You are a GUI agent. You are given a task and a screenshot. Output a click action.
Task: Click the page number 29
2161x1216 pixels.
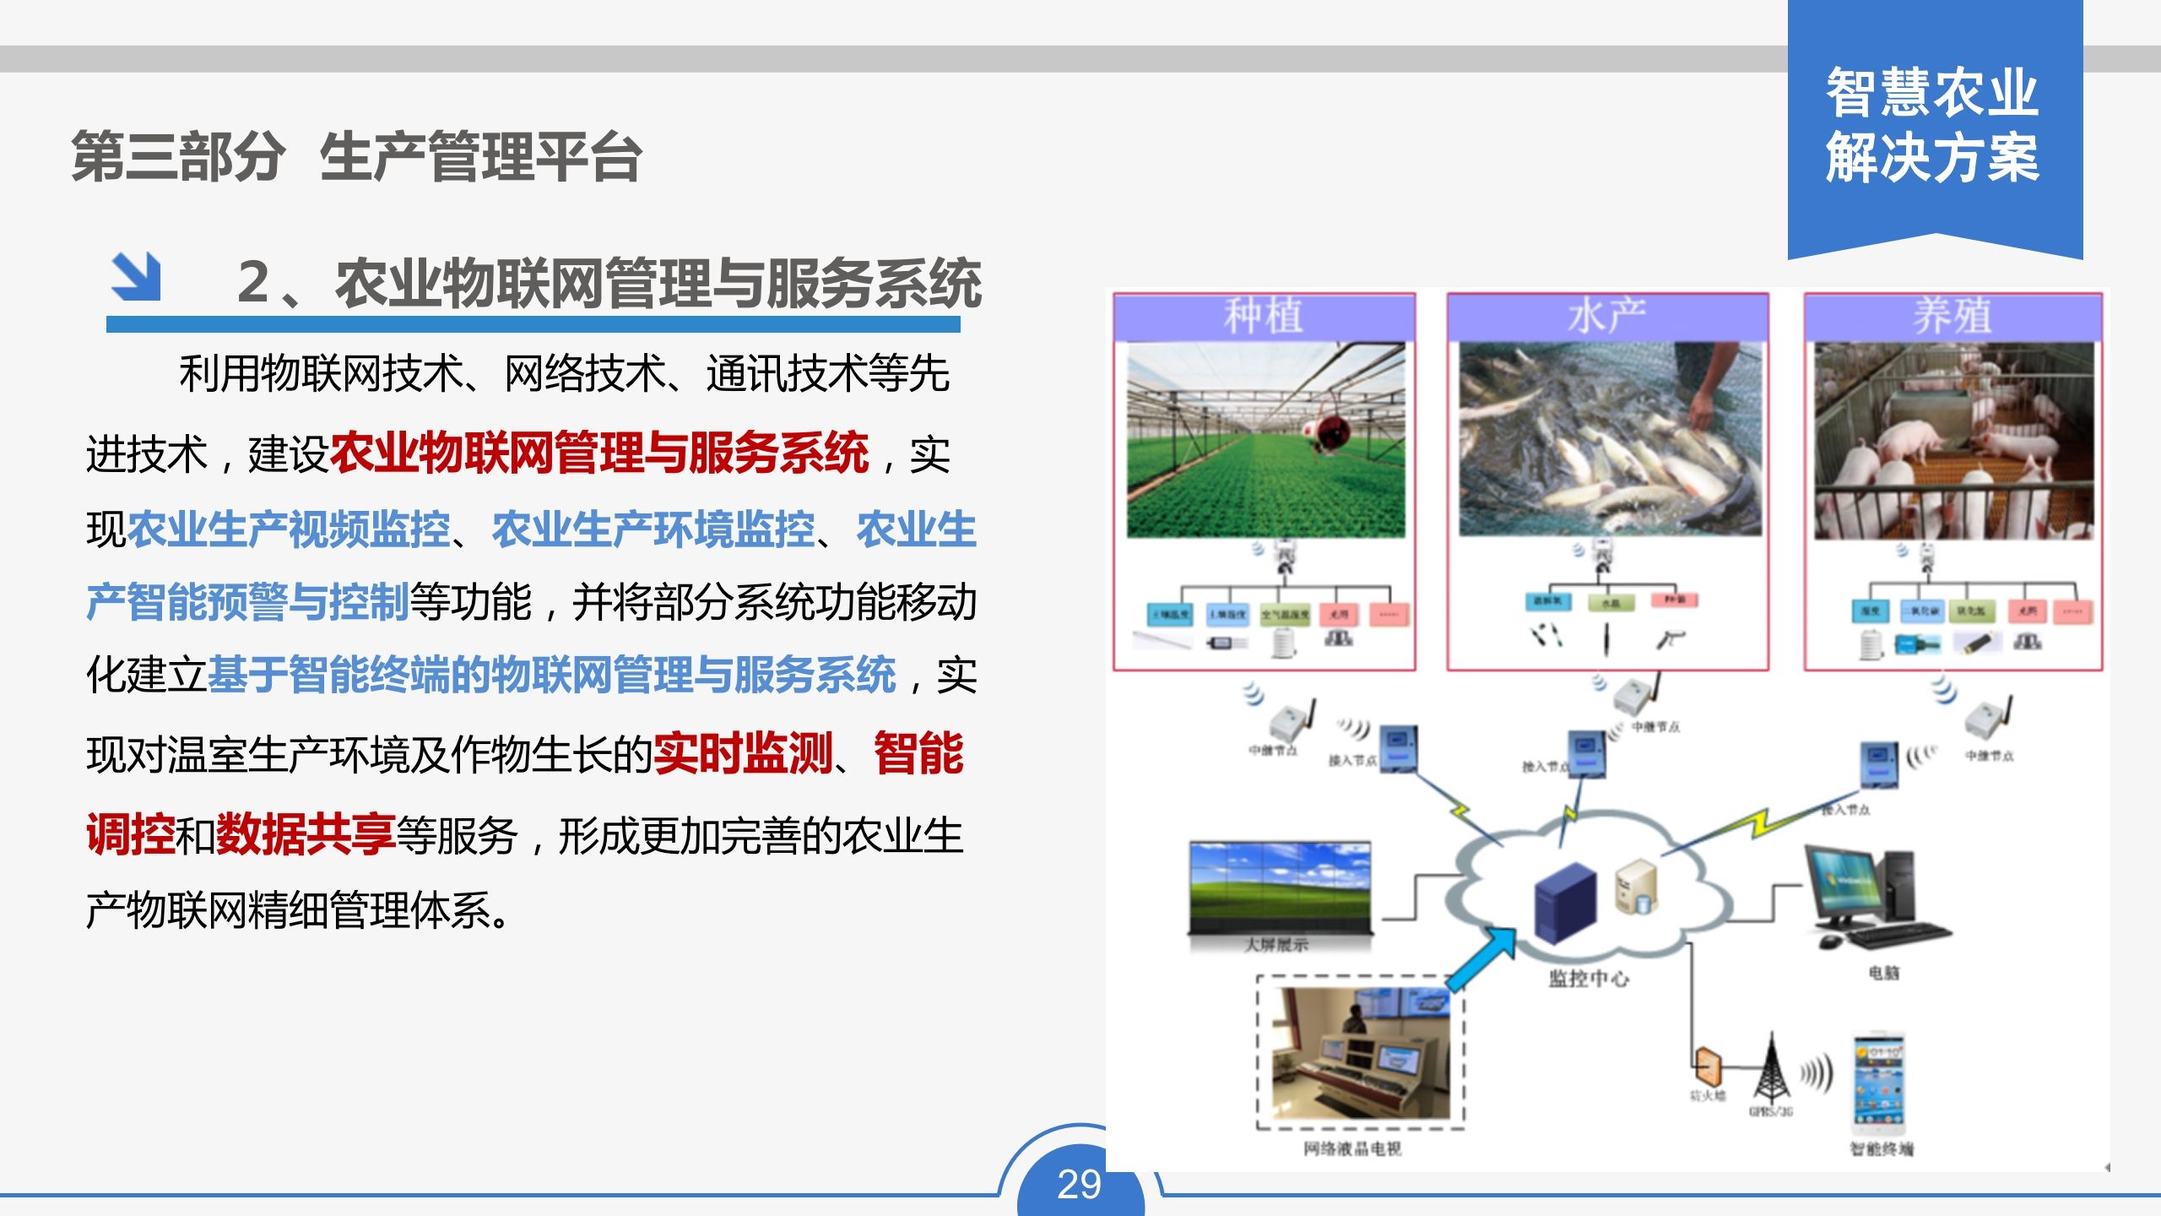1079,1184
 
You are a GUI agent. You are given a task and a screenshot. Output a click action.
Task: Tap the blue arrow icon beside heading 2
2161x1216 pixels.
135,276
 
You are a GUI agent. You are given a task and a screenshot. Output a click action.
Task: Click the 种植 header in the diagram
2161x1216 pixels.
1264,317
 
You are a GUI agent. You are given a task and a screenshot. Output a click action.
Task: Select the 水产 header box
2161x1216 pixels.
1607,317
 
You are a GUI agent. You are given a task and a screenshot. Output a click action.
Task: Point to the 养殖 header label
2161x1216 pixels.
1952,317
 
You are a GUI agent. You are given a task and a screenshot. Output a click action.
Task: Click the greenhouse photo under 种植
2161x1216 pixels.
1265,440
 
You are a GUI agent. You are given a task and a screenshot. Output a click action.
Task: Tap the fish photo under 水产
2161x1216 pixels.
1610,439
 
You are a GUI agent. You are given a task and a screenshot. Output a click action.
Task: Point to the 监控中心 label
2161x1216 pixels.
1589,979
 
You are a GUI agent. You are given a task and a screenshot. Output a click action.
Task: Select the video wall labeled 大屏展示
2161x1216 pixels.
1280,887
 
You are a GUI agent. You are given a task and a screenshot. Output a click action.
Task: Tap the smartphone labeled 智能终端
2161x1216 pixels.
1879,1085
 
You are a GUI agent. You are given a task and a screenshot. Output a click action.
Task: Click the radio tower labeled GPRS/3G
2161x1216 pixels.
1770,1068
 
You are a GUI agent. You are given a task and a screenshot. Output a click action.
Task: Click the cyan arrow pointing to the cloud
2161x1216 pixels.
1481,959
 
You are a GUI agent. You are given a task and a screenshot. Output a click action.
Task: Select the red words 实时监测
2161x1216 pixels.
743,753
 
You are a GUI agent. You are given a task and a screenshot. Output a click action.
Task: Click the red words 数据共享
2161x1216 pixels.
306,834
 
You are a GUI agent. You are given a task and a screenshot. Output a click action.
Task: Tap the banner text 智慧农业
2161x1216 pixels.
1933,93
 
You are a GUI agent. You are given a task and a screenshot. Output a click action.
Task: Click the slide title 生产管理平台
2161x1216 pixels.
480,157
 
